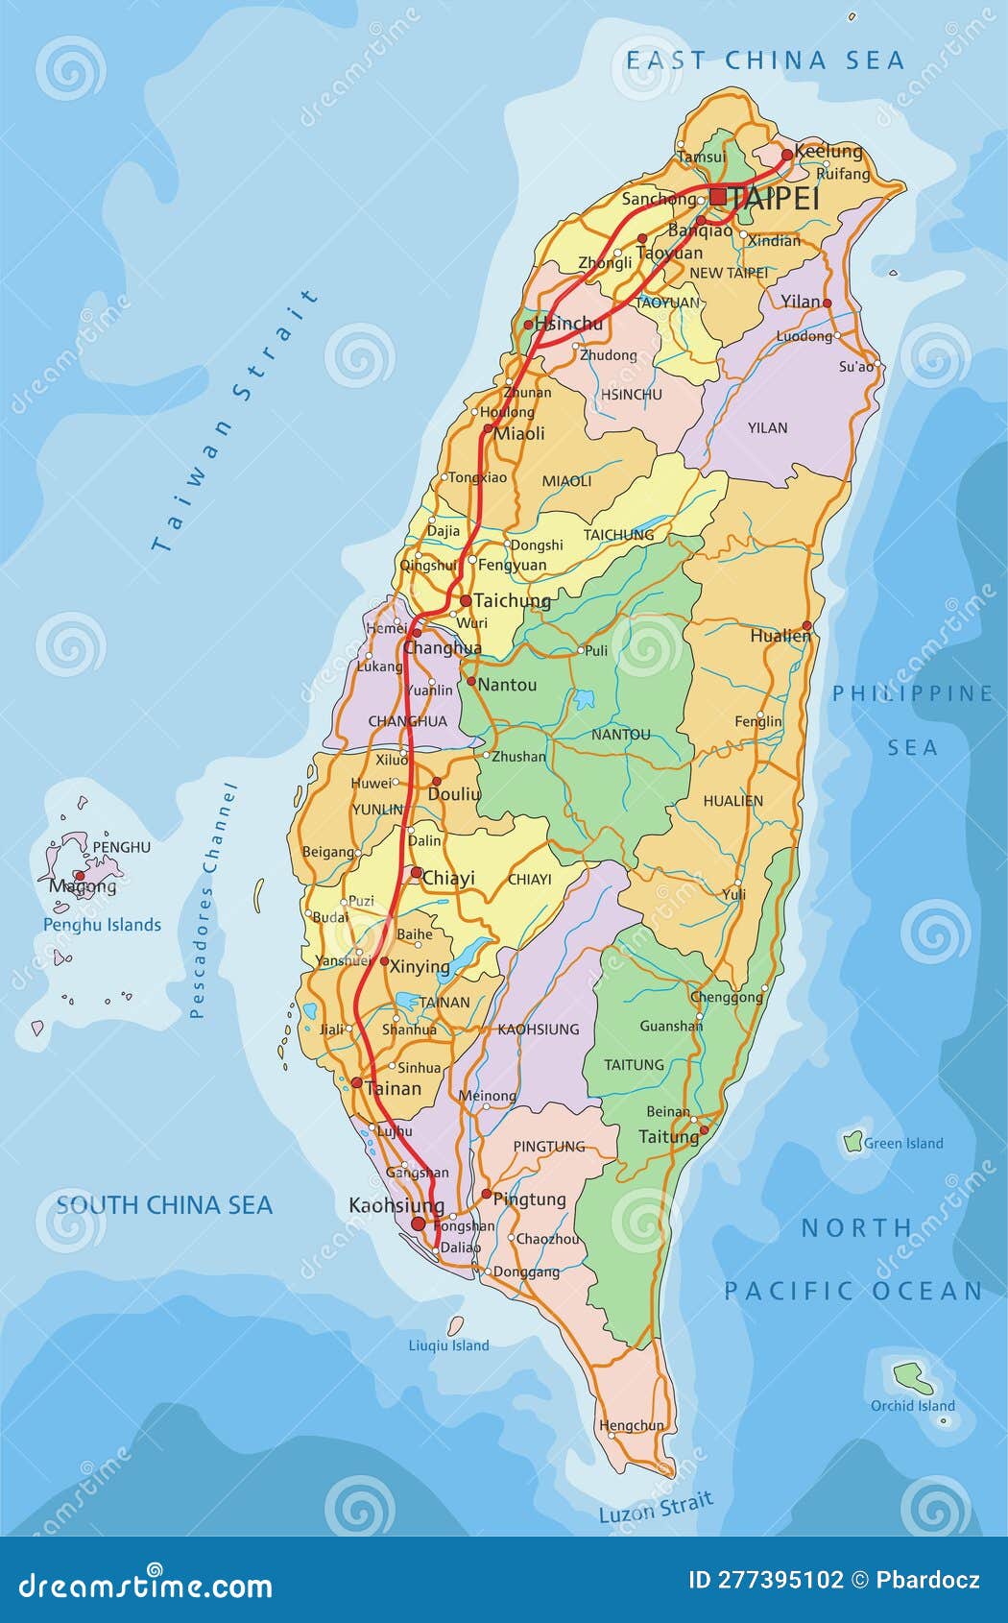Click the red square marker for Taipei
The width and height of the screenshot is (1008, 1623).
(x=718, y=197)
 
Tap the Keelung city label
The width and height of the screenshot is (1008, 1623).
(x=829, y=152)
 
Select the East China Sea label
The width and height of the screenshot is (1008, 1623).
(x=765, y=61)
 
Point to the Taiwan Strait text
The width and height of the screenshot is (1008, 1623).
(x=235, y=423)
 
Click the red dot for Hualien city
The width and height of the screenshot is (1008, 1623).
(x=807, y=625)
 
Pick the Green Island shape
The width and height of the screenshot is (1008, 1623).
(x=852, y=1142)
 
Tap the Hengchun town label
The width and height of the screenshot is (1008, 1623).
(x=631, y=1426)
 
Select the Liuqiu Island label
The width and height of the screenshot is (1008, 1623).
(x=448, y=1345)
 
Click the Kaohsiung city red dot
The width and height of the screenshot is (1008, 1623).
(x=418, y=1223)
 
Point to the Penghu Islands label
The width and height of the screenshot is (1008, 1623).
(x=102, y=925)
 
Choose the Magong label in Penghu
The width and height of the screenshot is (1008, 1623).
(x=83, y=886)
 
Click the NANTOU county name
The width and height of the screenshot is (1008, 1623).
(x=621, y=735)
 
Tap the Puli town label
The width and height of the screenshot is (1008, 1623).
(x=596, y=650)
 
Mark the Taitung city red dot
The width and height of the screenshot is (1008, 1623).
(x=704, y=1130)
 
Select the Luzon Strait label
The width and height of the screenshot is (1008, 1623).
(x=656, y=1507)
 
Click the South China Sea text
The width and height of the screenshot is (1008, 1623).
(x=164, y=1205)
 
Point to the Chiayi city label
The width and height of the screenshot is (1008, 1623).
(x=448, y=878)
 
